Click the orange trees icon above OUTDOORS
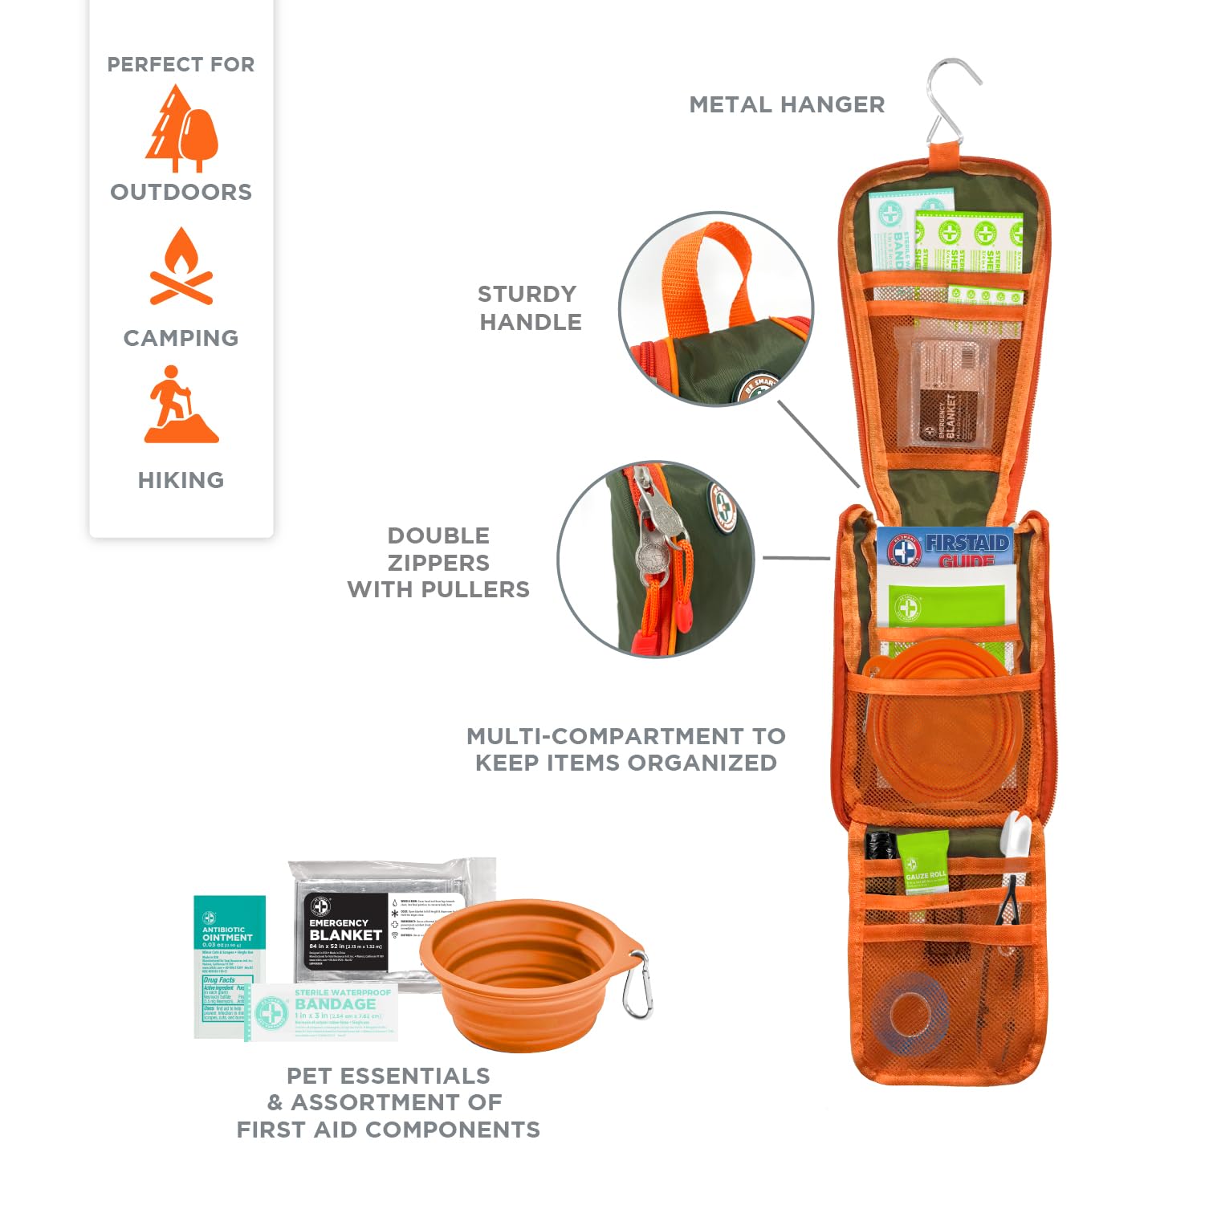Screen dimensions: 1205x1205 click(x=181, y=130)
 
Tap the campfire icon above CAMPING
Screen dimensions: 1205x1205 click(x=181, y=267)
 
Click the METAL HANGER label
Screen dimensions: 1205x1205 click(x=787, y=104)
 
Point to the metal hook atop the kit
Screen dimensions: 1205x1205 click(x=952, y=100)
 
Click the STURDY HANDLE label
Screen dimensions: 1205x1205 click(x=529, y=307)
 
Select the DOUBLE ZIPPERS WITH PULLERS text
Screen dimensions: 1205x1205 click(x=438, y=562)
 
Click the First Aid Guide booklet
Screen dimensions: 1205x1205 click(x=946, y=574)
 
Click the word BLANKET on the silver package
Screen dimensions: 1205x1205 click(x=345, y=935)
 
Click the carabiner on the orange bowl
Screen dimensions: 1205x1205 click(x=637, y=987)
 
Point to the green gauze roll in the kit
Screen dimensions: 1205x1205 click(x=923, y=863)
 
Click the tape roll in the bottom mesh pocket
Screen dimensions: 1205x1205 click(x=910, y=1013)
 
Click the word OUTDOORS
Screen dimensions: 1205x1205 click(x=181, y=192)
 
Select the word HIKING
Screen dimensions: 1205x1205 click(x=181, y=480)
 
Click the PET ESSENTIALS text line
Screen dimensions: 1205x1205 click(x=388, y=1076)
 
